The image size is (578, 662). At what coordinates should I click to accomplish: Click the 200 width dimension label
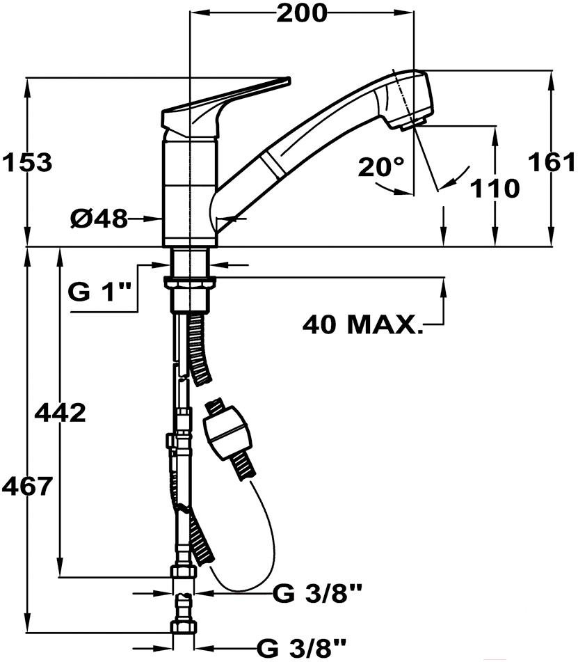click(x=302, y=13)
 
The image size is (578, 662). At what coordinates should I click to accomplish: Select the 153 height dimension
click(x=27, y=162)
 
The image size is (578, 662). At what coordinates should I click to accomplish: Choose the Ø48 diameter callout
click(x=99, y=219)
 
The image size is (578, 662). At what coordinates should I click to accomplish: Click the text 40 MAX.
click(x=362, y=324)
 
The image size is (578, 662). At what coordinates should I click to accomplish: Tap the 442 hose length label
click(x=60, y=413)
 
